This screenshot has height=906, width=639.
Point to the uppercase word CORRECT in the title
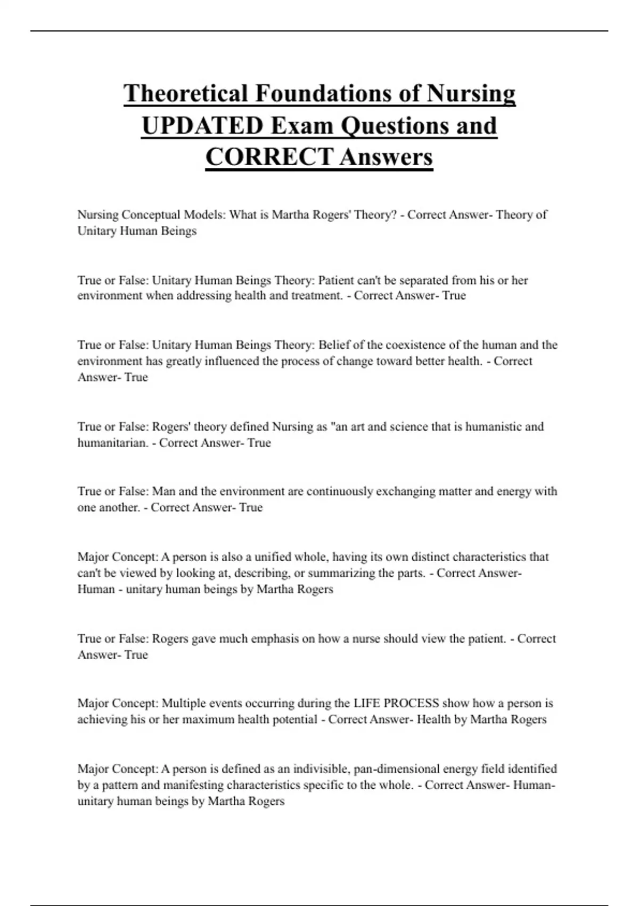coord(269,157)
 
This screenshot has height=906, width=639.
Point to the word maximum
coord(206,719)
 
